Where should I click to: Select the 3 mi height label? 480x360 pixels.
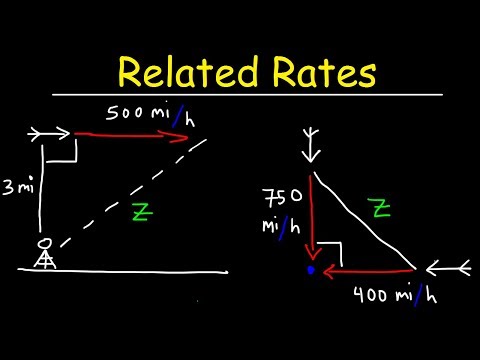pyautogui.click(x=17, y=185)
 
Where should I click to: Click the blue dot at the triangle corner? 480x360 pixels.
pyautogui.click(x=312, y=269)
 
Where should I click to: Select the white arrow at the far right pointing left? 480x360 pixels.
pyautogui.click(x=446, y=268)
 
